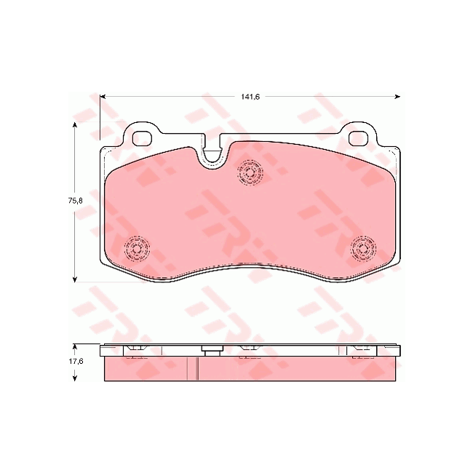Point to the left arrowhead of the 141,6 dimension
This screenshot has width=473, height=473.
coord(103,95)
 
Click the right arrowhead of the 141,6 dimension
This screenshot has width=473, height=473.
coord(397,95)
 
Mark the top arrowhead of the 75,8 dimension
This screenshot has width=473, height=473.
coord(75,126)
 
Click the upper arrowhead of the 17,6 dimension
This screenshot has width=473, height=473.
coord(75,347)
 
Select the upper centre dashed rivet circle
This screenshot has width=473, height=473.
coord(250,173)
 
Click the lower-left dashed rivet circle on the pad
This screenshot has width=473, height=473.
coord(136,250)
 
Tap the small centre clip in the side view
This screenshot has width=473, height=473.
coord(212,352)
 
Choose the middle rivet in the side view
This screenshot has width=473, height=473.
coord(250,352)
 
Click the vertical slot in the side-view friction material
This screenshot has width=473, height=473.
coord(198,369)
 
